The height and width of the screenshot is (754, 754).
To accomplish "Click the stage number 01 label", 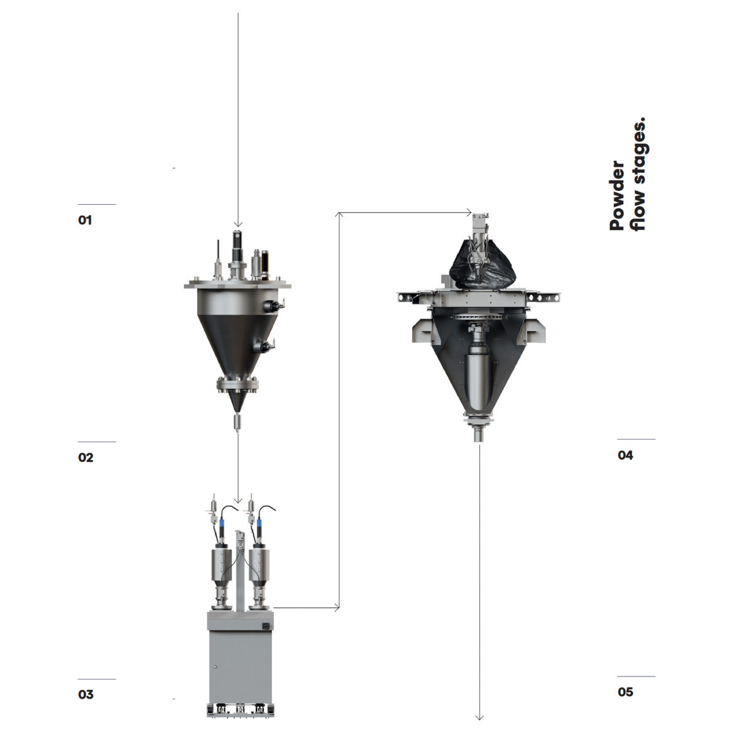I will [85, 220].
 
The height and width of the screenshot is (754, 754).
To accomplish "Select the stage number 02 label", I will [85, 457].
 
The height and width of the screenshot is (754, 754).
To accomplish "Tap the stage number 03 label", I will [85, 694].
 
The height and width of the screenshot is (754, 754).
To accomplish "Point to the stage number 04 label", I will [625, 455].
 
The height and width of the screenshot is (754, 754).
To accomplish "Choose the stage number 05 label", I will [625, 692].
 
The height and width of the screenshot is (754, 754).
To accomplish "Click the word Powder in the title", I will [617, 195].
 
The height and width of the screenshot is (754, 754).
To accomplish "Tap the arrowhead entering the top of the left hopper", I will [238, 224].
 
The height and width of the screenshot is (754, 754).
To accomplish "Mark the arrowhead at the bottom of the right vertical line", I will [480, 717].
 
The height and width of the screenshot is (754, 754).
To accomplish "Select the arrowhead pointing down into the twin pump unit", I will [238, 500].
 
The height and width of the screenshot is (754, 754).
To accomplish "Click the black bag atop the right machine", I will [482, 267].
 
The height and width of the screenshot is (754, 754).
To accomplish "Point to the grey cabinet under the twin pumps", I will [239, 657].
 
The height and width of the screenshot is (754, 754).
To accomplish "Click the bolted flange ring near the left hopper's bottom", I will [238, 385].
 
